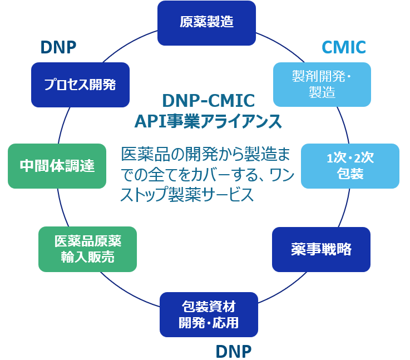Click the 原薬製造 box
tap(206, 23)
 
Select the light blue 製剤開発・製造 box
tap(322, 84)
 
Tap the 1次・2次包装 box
tap(350, 166)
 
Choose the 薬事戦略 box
tap(321, 249)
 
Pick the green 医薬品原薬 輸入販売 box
tap(87, 249)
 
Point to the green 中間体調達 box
tap(57, 166)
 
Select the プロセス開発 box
tap(80, 85)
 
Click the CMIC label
tap(344, 48)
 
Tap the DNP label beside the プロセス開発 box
tap(58, 48)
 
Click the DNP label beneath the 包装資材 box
tap(233, 351)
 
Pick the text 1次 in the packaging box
tap(337, 158)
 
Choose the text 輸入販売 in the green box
tap(88, 258)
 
